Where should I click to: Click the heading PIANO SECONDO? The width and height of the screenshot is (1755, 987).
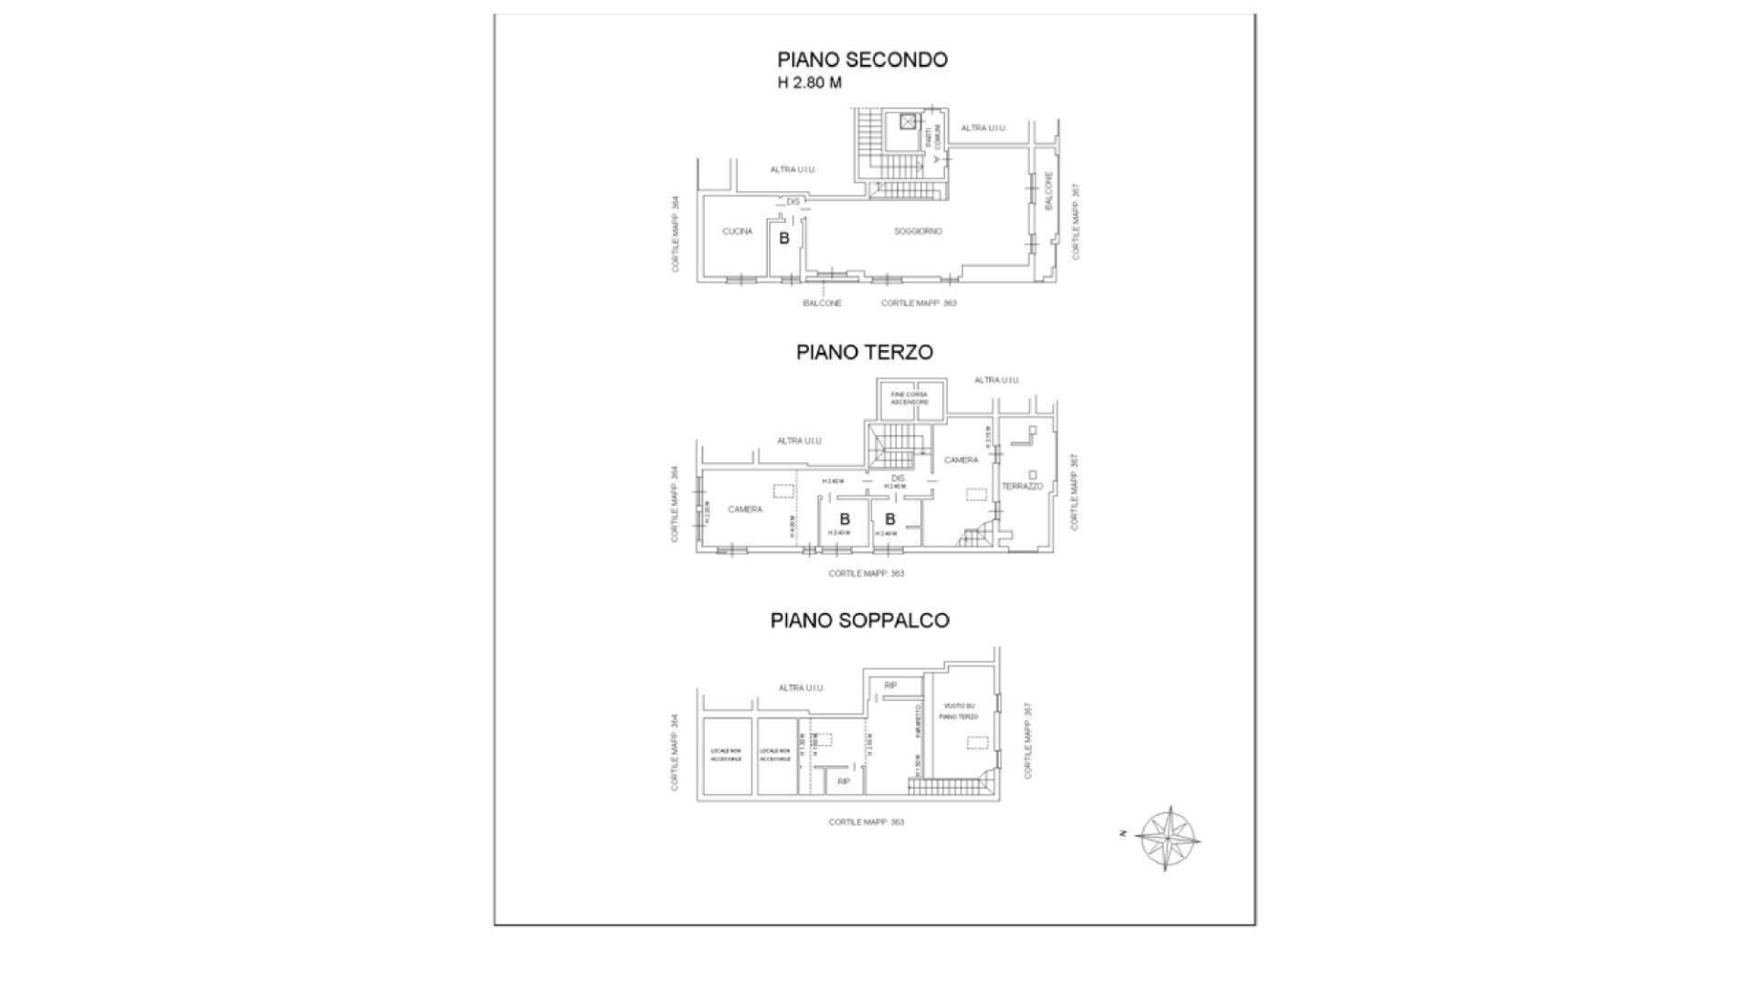862,59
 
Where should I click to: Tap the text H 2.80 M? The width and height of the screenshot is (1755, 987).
809,83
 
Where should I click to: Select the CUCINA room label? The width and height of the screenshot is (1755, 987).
737,231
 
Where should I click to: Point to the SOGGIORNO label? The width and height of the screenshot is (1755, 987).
918,231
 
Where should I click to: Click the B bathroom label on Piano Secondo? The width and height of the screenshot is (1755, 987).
783,239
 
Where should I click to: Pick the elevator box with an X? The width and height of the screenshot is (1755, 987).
907,122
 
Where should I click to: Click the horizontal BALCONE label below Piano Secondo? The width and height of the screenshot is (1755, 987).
822,302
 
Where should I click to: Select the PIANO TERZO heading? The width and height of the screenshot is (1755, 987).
864,352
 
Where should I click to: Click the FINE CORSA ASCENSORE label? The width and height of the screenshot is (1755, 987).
909,398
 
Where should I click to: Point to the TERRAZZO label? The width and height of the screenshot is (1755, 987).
1022,486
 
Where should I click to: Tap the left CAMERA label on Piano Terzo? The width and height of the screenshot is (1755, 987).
745,509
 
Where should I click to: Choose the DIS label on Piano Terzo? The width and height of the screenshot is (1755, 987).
898,478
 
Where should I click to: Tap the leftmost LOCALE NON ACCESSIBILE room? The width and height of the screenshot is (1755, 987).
727,755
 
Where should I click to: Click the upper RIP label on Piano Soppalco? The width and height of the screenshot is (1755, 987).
890,685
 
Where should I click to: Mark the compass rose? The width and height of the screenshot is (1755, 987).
1170,838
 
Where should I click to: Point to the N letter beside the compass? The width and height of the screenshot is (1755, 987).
1122,833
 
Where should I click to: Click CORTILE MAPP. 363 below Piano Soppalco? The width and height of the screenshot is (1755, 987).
866,822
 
